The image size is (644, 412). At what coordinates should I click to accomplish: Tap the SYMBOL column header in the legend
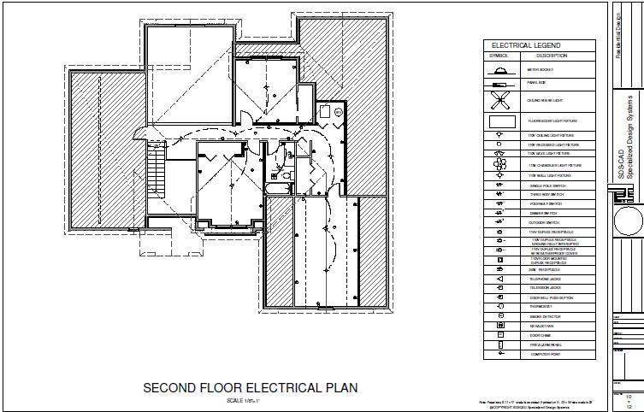(x=498, y=56)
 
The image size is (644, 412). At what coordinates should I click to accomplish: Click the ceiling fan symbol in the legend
(x=498, y=100)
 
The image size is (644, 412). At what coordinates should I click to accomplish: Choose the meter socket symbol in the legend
(x=498, y=68)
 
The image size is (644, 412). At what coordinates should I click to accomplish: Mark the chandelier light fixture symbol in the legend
(x=498, y=165)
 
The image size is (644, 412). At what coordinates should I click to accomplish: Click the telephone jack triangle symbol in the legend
(x=498, y=280)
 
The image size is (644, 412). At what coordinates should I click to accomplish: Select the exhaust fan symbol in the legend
(x=498, y=326)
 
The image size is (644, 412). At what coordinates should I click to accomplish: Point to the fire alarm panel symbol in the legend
(x=498, y=345)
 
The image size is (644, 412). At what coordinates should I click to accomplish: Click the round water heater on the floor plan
(x=337, y=111)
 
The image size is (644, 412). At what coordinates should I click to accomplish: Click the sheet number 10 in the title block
(x=629, y=397)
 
